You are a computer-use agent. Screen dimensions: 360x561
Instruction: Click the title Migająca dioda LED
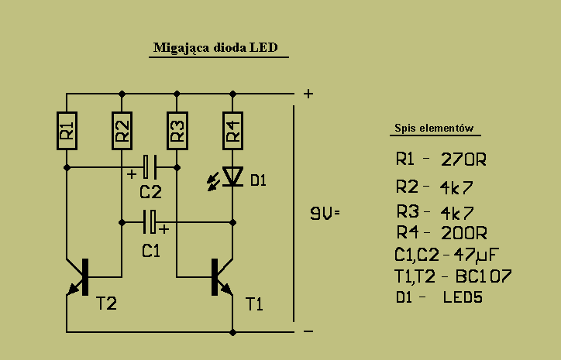(x=218, y=48)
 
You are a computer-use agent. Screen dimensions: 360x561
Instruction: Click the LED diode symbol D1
(x=232, y=177)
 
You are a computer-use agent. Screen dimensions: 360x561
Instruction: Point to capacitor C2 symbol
(x=150, y=166)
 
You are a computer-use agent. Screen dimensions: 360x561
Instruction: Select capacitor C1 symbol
(x=150, y=222)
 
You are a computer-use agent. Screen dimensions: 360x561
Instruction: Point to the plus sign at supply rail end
(x=308, y=94)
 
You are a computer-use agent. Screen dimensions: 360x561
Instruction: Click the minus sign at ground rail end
(x=308, y=331)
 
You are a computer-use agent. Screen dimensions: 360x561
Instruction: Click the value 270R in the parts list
(x=463, y=160)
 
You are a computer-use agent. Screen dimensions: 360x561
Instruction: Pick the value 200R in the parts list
(x=463, y=232)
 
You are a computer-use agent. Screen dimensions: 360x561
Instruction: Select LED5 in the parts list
(x=463, y=297)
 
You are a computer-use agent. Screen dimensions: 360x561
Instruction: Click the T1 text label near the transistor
(x=254, y=304)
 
